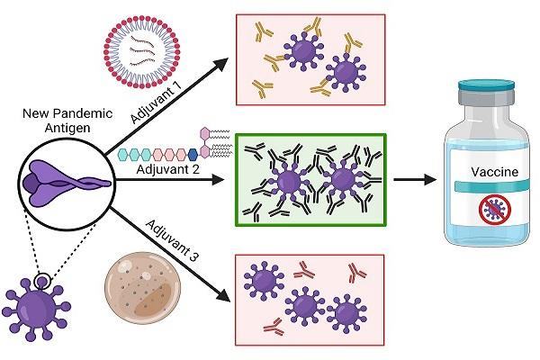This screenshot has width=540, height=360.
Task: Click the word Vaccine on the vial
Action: tap(494, 172)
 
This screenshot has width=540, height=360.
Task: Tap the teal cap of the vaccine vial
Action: tap(486, 85)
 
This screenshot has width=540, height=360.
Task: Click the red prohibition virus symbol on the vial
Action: tap(495, 209)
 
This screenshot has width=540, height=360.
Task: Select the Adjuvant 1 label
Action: tap(156, 102)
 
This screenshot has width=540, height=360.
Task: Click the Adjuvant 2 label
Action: tap(167, 169)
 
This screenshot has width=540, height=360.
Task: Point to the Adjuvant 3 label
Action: tap(173, 240)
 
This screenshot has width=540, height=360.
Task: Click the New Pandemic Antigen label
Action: tap(67, 121)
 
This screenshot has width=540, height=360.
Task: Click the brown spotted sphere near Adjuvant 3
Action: tap(142, 288)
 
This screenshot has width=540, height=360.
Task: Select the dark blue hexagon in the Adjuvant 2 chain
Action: tap(193, 155)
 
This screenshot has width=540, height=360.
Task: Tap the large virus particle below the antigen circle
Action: tap(37, 310)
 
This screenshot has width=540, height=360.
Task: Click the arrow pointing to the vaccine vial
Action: tap(415, 179)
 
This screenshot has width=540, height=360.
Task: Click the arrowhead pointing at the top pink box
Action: tap(220, 65)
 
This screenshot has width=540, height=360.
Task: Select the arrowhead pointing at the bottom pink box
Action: tap(222, 295)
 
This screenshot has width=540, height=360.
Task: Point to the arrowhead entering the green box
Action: tap(219, 179)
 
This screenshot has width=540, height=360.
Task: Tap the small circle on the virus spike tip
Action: tap(42, 282)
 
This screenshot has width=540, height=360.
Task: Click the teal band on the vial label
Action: tap(491, 186)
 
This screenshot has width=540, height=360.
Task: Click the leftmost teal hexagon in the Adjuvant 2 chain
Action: tap(123, 155)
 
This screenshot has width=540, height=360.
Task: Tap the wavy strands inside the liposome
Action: tap(141, 52)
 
